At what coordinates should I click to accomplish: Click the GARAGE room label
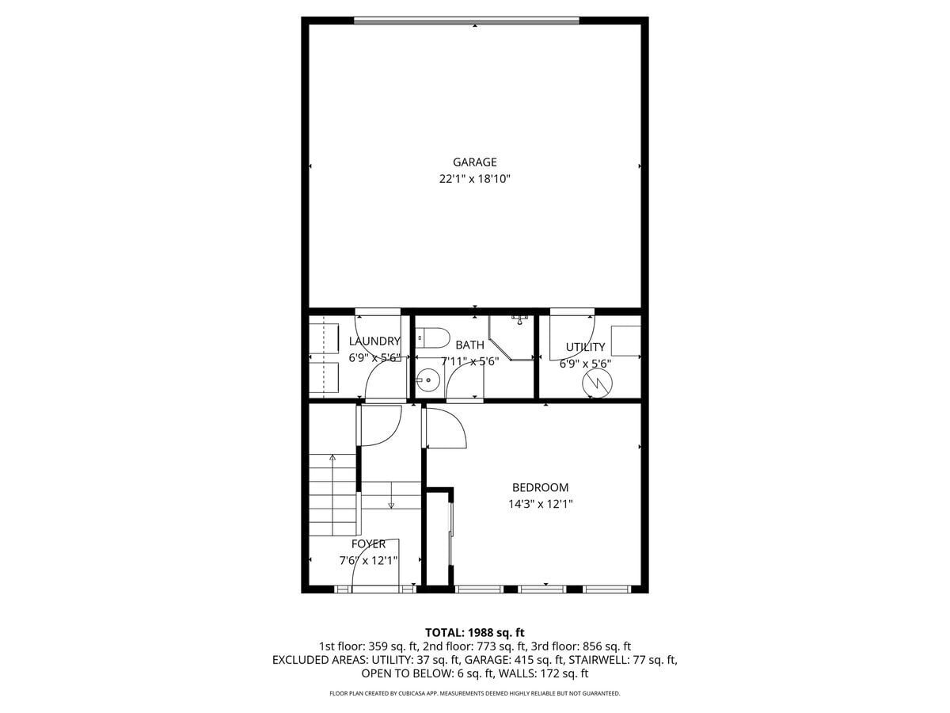(x=474, y=162)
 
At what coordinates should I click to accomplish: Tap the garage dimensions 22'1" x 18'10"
(x=475, y=179)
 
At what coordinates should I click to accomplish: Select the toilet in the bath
(x=433, y=337)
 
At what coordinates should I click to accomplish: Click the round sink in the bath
(x=427, y=380)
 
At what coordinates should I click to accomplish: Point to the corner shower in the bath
(x=511, y=337)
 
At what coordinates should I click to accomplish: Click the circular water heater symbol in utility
(x=597, y=383)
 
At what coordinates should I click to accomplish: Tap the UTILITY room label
(x=585, y=347)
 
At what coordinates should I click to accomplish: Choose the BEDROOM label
(x=540, y=487)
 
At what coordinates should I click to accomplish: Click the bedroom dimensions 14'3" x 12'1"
(x=541, y=504)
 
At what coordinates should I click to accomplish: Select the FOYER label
(x=368, y=544)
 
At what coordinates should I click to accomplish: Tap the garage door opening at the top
(x=466, y=20)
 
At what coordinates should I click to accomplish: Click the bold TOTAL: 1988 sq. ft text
(x=474, y=633)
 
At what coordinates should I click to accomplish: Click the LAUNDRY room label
(x=374, y=341)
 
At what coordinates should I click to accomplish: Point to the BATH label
(x=470, y=345)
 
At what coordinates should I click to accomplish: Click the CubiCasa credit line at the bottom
(x=475, y=693)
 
